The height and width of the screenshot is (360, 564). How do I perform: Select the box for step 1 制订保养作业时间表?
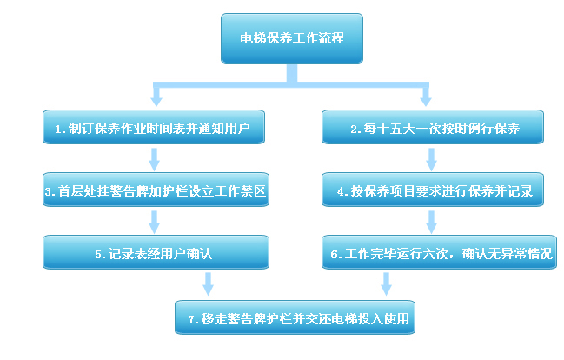click(x=153, y=128)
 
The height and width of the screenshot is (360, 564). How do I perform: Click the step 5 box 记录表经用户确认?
click(x=153, y=254)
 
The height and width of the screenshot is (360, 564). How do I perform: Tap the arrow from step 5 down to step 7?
click(x=209, y=284)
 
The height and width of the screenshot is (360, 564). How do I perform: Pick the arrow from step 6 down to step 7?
click(x=386, y=284)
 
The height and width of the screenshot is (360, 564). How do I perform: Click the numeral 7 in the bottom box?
click(x=191, y=319)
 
